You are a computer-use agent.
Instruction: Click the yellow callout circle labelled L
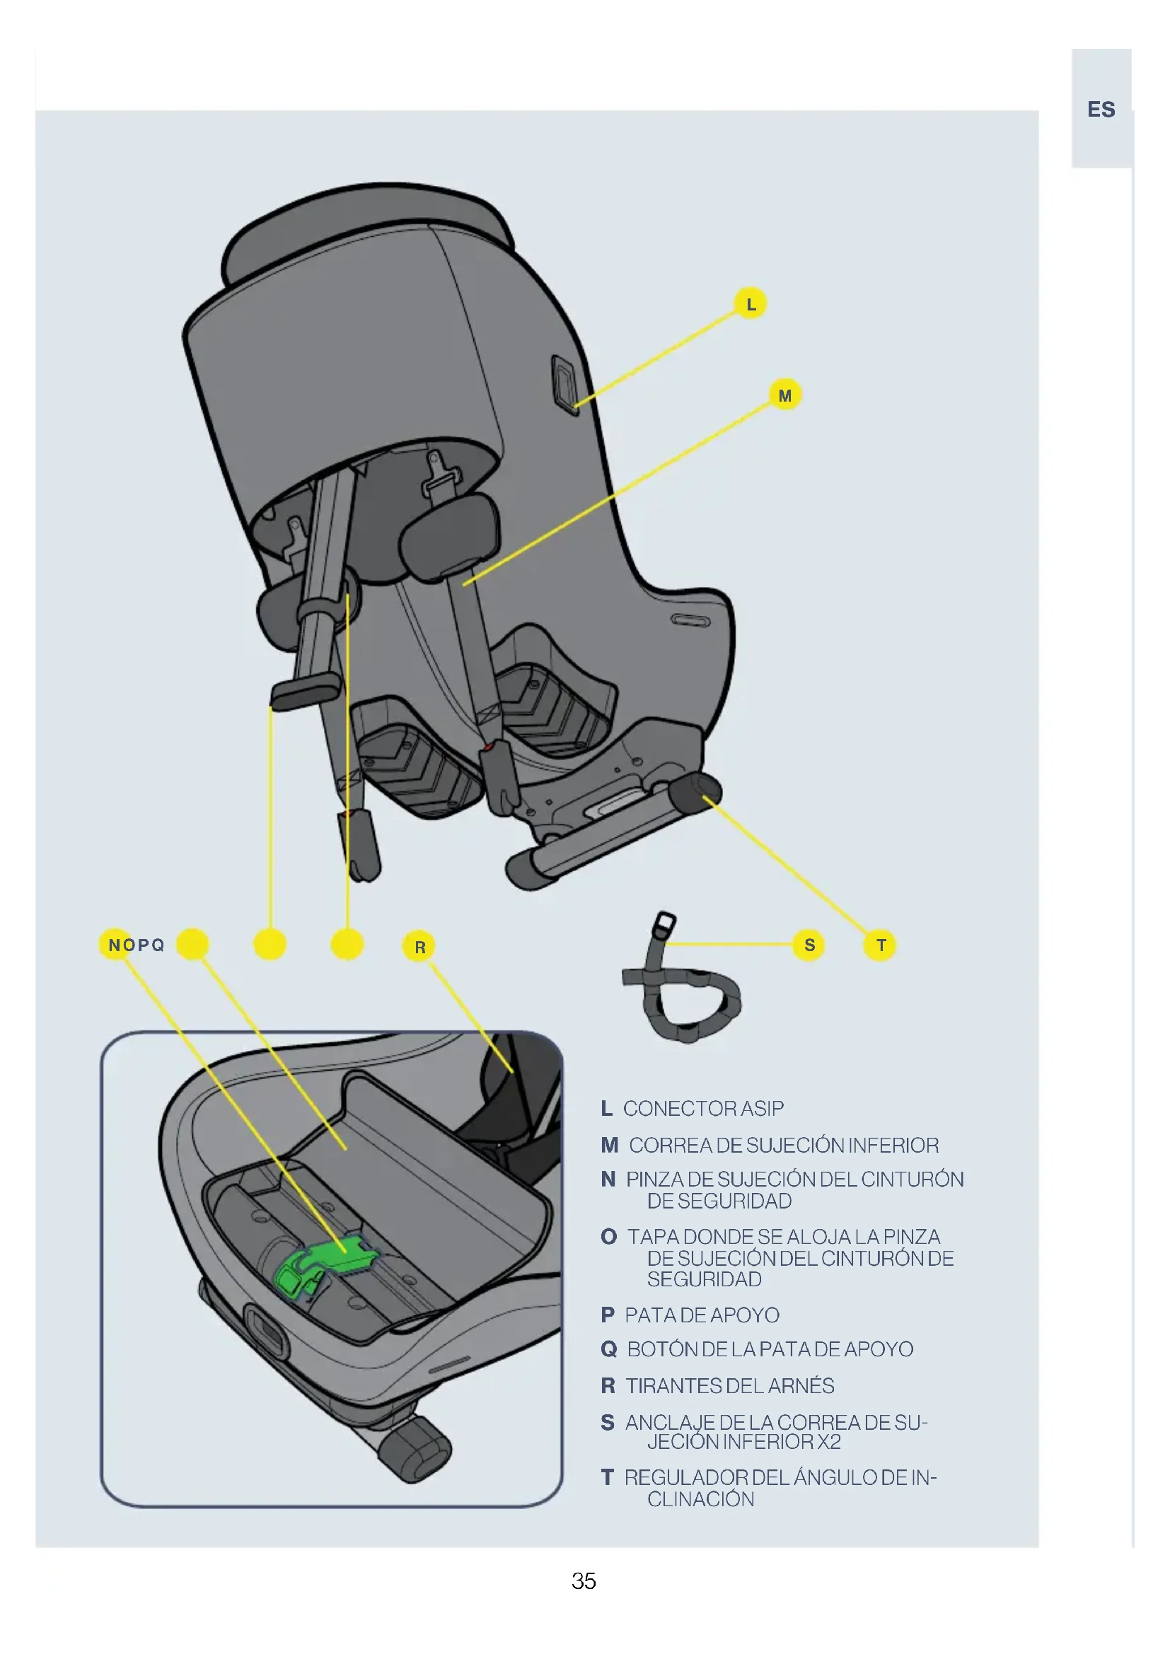tap(750, 303)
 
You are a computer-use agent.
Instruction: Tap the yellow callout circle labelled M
tap(785, 395)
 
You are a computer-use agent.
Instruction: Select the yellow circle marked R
tap(420, 947)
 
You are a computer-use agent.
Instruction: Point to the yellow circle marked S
tap(809, 945)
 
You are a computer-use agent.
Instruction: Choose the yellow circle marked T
tap(881, 945)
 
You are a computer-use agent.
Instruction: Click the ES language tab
tap(1101, 110)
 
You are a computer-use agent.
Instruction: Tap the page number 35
tap(584, 1580)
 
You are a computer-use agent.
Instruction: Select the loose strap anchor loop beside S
tap(685, 991)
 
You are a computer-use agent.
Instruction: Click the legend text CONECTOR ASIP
tap(703, 1109)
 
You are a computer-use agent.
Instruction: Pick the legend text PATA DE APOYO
tap(702, 1315)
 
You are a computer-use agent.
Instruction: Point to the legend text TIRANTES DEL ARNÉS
tap(729, 1385)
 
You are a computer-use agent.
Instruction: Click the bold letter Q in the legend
tap(609, 1349)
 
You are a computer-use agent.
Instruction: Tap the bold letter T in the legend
tap(608, 1477)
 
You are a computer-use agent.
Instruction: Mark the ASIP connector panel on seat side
tap(564, 384)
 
